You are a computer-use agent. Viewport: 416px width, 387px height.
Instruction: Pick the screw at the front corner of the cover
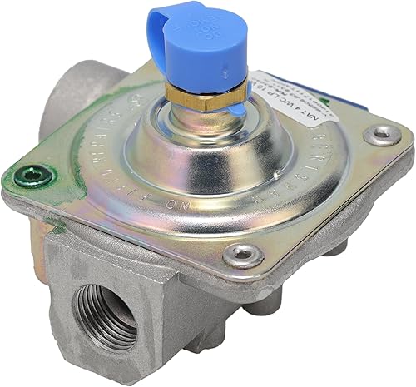coord(244,255)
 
